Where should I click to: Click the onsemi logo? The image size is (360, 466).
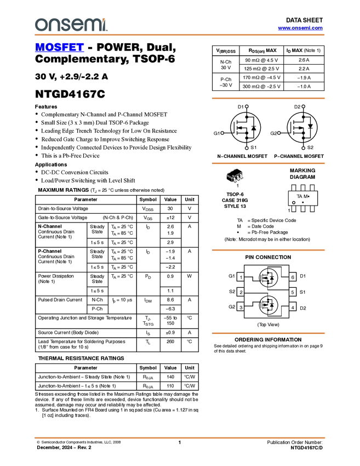(71, 25)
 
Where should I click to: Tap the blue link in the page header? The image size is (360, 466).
(300, 28)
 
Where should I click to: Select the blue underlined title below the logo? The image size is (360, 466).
(59, 48)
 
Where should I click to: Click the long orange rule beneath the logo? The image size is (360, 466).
(180, 35)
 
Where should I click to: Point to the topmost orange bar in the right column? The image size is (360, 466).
(268, 99)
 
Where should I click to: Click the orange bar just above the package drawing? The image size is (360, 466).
(268, 163)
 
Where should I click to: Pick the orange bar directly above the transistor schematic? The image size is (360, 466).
(268, 250)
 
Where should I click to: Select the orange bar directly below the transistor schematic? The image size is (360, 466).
(268, 333)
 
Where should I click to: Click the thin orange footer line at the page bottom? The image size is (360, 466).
(180, 437)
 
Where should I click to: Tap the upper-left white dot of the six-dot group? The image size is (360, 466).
(247, 106)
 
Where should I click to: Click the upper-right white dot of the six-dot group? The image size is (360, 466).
(303, 106)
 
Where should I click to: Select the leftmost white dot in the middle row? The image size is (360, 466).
(222, 133)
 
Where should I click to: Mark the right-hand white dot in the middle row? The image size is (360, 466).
(279, 133)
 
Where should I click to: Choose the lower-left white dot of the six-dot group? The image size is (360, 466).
(247, 148)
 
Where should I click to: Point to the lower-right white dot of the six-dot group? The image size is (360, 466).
(303, 148)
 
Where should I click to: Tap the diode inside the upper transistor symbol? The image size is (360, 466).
(272, 278)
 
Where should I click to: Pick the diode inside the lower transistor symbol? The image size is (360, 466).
(272, 304)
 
